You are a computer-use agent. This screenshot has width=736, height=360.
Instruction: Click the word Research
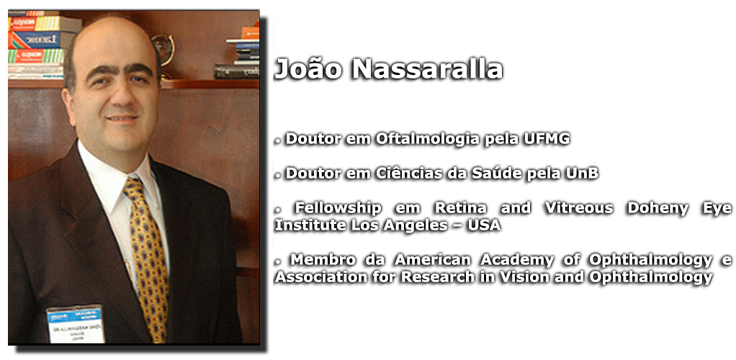click(x=437, y=277)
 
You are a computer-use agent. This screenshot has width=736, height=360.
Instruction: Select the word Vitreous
click(x=579, y=208)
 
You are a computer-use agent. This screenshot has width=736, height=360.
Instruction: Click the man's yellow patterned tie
click(x=148, y=258)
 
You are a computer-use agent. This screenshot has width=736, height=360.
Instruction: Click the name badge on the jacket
click(x=76, y=324)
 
